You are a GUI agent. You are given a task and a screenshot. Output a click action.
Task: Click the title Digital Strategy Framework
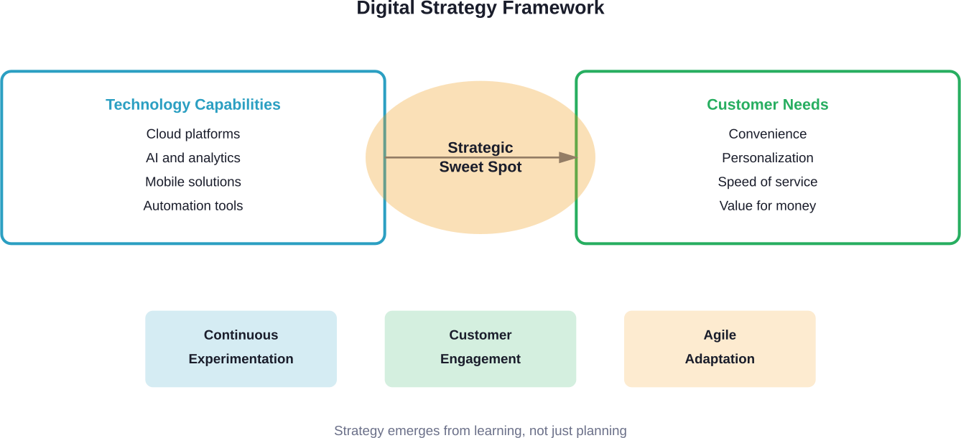pos(480,9)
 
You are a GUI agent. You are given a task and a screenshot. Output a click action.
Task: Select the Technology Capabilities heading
pos(193,105)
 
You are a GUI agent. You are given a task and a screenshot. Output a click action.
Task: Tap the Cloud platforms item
pos(193,134)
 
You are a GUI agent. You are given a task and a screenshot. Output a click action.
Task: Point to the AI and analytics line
pos(193,158)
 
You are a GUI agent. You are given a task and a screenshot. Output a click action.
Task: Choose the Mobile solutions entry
pos(193,182)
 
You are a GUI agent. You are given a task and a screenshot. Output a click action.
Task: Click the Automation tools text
pos(193,206)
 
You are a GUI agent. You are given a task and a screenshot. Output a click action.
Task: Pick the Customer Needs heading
pos(767,105)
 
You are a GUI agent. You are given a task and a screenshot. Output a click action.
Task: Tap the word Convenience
pos(767,134)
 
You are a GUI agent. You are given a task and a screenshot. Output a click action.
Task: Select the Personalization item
pos(767,158)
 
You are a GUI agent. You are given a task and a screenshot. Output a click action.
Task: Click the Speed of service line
pos(767,182)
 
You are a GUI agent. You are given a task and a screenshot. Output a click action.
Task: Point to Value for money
pos(767,206)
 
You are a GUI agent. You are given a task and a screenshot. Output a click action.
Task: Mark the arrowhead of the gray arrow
pos(569,157)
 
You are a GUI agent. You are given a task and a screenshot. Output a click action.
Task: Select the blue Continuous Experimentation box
pos(241,348)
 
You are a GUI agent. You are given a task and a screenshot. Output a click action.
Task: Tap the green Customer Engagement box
pos(480,348)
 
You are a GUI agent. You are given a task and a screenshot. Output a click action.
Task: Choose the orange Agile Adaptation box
pos(720,348)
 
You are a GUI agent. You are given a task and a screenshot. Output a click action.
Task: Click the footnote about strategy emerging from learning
pos(480,431)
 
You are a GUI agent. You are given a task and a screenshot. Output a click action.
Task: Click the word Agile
pos(720,335)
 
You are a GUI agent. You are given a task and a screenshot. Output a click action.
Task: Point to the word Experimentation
pos(241,359)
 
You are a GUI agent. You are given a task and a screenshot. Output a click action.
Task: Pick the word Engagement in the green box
pos(480,359)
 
